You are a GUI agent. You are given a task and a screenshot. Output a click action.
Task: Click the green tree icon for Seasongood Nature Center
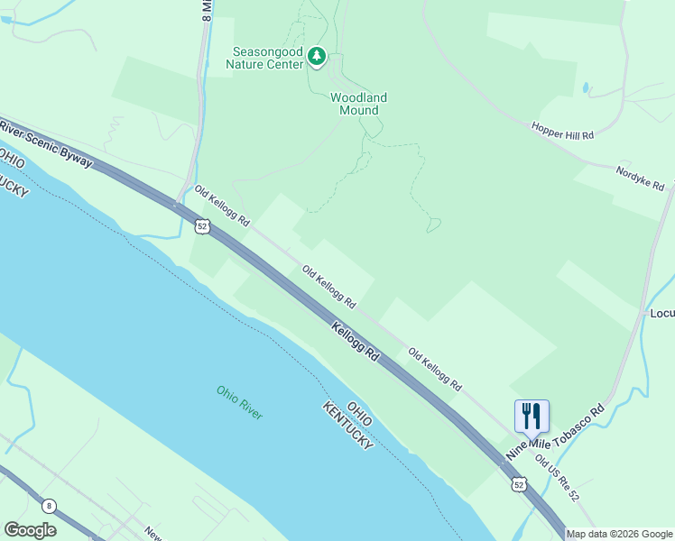316,57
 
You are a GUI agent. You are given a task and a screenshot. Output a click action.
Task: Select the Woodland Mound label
358,104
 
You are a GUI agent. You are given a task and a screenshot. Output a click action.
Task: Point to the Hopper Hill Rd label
563,131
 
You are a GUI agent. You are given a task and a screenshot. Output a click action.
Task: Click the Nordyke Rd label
640,177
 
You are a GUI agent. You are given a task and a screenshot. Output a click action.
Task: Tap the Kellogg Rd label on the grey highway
355,343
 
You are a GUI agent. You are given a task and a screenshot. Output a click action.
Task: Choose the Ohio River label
239,402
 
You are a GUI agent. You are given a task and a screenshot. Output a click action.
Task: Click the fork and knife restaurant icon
532,416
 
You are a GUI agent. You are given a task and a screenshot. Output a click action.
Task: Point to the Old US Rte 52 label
557,478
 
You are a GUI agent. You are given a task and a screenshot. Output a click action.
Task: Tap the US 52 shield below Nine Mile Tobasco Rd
517,484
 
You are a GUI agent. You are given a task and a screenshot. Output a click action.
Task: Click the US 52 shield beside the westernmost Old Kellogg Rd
203,226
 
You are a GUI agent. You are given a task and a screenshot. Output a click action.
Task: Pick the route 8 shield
48,506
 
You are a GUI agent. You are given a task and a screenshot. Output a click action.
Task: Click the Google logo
30,530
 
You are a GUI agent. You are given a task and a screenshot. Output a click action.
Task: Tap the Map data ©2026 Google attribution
619,534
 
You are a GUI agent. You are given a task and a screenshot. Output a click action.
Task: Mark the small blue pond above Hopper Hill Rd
587,88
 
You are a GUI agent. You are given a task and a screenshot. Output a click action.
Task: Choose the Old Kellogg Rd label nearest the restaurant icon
435,370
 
